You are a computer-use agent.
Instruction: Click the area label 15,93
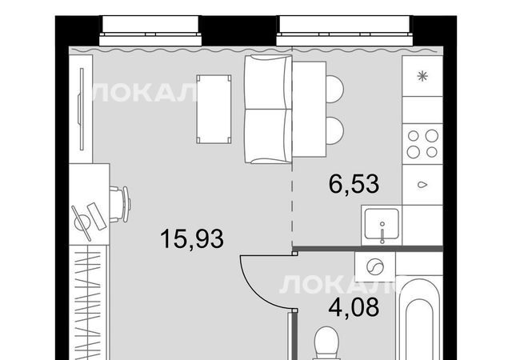pos(192,239)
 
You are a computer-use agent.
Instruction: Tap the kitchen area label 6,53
pos(354,184)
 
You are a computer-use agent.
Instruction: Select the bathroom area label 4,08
pos(354,307)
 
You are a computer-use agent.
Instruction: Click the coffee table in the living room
pos(214,110)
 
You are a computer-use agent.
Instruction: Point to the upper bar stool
pos(335,89)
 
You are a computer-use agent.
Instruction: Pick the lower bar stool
pos(335,130)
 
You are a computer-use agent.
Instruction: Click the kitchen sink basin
pos(382,224)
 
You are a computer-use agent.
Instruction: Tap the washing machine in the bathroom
pos(375,266)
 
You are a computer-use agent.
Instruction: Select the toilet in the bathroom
pos(326,343)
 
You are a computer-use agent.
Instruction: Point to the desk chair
pos(120,204)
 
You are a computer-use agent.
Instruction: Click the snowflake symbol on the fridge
pos(422,77)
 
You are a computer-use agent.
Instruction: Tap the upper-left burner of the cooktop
pos(414,135)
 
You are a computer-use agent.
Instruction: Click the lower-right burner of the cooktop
pos(432,152)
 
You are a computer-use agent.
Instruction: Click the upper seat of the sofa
pos(268,82)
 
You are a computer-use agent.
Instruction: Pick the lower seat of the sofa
pos(268,136)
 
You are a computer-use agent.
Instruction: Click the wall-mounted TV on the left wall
pos(81,109)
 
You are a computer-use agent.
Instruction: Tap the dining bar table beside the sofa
pos(310,109)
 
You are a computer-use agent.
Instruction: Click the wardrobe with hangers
pos(88,302)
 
